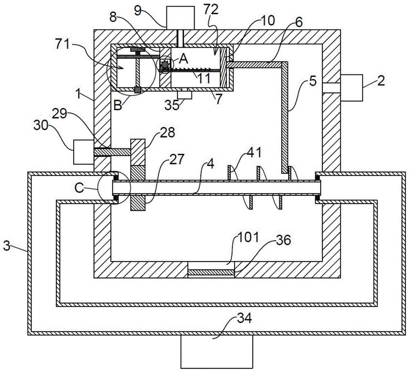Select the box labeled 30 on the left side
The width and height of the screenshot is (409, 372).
click(83, 152)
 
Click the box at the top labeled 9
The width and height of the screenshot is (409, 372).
click(180, 17)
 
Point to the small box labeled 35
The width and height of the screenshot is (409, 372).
click(185, 95)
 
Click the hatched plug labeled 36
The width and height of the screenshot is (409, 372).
click(211, 272)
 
